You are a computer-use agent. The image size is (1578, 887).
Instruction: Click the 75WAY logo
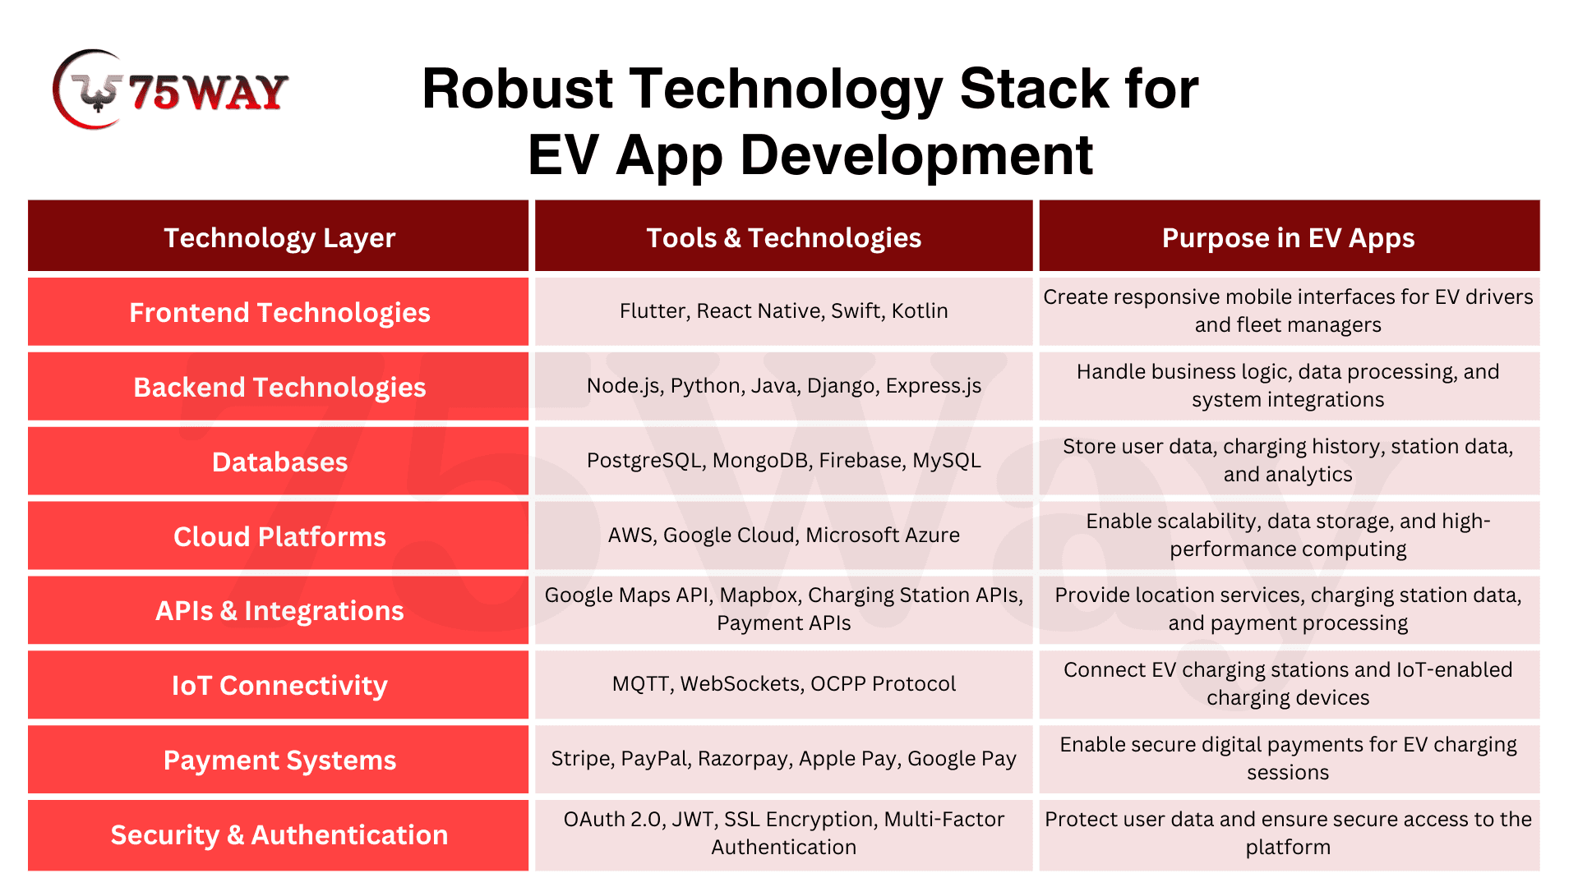coord(170,90)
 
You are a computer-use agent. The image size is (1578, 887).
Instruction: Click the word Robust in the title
coord(518,89)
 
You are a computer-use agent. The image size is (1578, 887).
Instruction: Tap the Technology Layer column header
coord(279,238)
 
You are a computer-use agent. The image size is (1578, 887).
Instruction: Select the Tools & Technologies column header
coord(784,238)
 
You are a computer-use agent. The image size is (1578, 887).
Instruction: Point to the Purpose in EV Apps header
coord(1289,238)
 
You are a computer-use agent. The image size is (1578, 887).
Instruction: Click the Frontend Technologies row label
coord(279,313)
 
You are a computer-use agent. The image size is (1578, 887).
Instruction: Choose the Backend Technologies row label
coord(279,388)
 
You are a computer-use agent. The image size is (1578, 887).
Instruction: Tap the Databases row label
coord(279,462)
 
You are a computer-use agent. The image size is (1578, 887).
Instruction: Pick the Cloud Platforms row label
coord(279,536)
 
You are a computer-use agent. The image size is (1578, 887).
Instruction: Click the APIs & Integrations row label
coord(279,611)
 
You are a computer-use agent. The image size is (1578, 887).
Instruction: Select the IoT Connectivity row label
coord(279,686)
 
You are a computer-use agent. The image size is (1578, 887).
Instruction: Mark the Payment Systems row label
coord(279,761)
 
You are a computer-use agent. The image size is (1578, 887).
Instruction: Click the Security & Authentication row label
coord(279,835)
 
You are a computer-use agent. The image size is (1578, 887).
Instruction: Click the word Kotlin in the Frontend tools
coord(920,311)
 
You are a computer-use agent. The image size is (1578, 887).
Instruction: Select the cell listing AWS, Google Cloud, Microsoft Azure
coord(784,535)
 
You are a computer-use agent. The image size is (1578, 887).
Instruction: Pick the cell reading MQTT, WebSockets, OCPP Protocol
coord(784,684)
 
